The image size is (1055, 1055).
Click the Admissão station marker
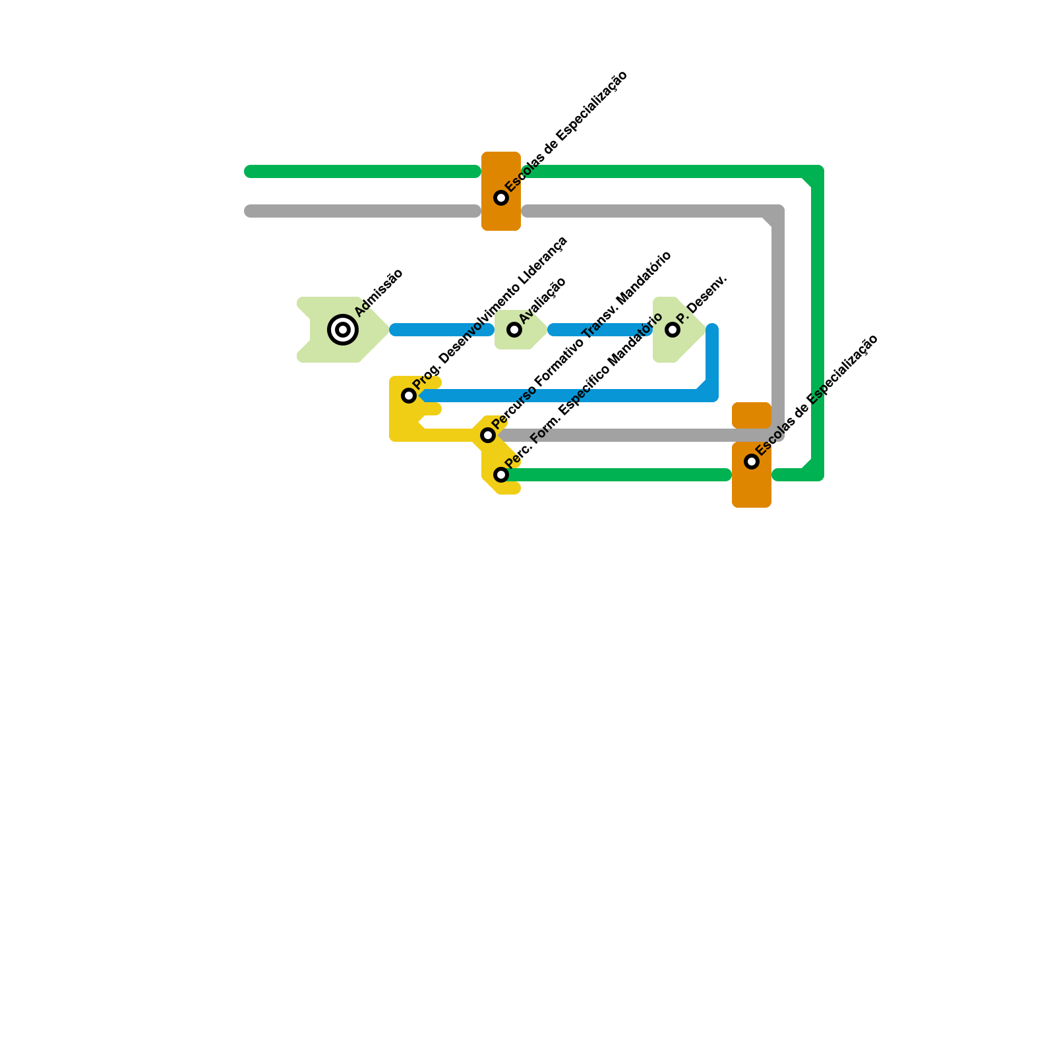(x=343, y=330)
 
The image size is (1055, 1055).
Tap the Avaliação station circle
(x=514, y=330)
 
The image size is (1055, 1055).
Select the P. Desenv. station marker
(x=673, y=330)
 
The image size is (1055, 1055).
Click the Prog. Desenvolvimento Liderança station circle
(x=409, y=396)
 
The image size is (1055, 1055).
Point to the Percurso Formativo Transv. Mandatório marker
(x=488, y=435)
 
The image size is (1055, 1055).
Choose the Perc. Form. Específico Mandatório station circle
(x=501, y=475)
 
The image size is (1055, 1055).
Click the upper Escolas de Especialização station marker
(x=501, y=198)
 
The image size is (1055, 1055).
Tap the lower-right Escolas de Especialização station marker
(x=752, y=462)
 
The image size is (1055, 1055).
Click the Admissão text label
(x=378, y=293)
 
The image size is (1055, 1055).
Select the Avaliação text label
(x=542, y=301)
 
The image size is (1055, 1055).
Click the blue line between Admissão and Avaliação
(x=442, y=330)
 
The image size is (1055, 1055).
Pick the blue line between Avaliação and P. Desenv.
(x=600, y=330)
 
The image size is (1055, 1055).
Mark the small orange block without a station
(x=752, y=415)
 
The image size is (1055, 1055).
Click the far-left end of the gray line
(x=251, y=211)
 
